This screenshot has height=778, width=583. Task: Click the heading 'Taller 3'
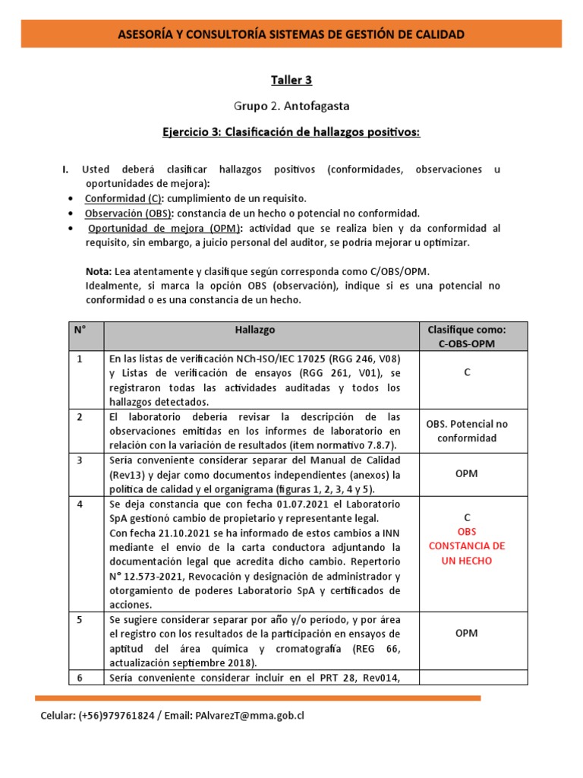pyautogui.click(x=291, y=80)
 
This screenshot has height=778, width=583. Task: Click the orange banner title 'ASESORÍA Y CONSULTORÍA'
pyautogui.click(x=291, y=34)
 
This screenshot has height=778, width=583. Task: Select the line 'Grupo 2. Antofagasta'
pyautogui.click(x=291, y=106)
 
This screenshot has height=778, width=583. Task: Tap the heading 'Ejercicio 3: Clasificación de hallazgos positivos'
pyautogui.click(x=291, y=132)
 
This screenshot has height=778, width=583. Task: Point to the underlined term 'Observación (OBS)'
pyautogui.click(x=128, y=213)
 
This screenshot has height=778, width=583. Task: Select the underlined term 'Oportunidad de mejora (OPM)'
pyautogui.click(x=165, y=228)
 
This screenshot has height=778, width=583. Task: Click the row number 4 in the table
pyautogui.click(x=80, y=504)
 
